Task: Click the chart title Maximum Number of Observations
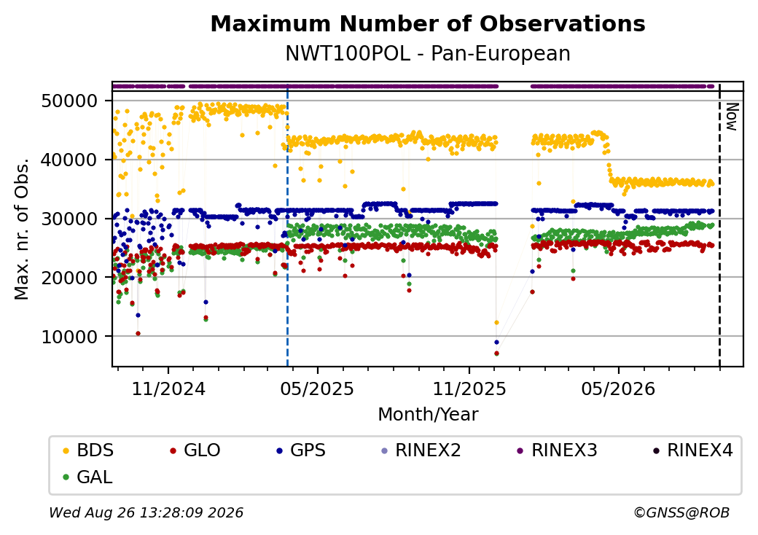428,23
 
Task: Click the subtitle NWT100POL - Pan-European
428,53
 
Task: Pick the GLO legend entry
195,450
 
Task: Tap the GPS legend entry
301,450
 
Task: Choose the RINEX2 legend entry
421,450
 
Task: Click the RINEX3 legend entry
558,450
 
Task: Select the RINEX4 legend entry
692,450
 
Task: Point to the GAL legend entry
88,477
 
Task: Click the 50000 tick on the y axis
70,101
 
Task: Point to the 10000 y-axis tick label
70,337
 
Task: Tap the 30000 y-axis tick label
70,219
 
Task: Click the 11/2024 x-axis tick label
168,388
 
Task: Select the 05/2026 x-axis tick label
618,388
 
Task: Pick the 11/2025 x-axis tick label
469,388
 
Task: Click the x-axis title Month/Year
428,414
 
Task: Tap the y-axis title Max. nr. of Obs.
22,229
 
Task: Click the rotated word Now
732,117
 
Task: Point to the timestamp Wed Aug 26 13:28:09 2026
146,512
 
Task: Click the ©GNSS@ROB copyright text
681,512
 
